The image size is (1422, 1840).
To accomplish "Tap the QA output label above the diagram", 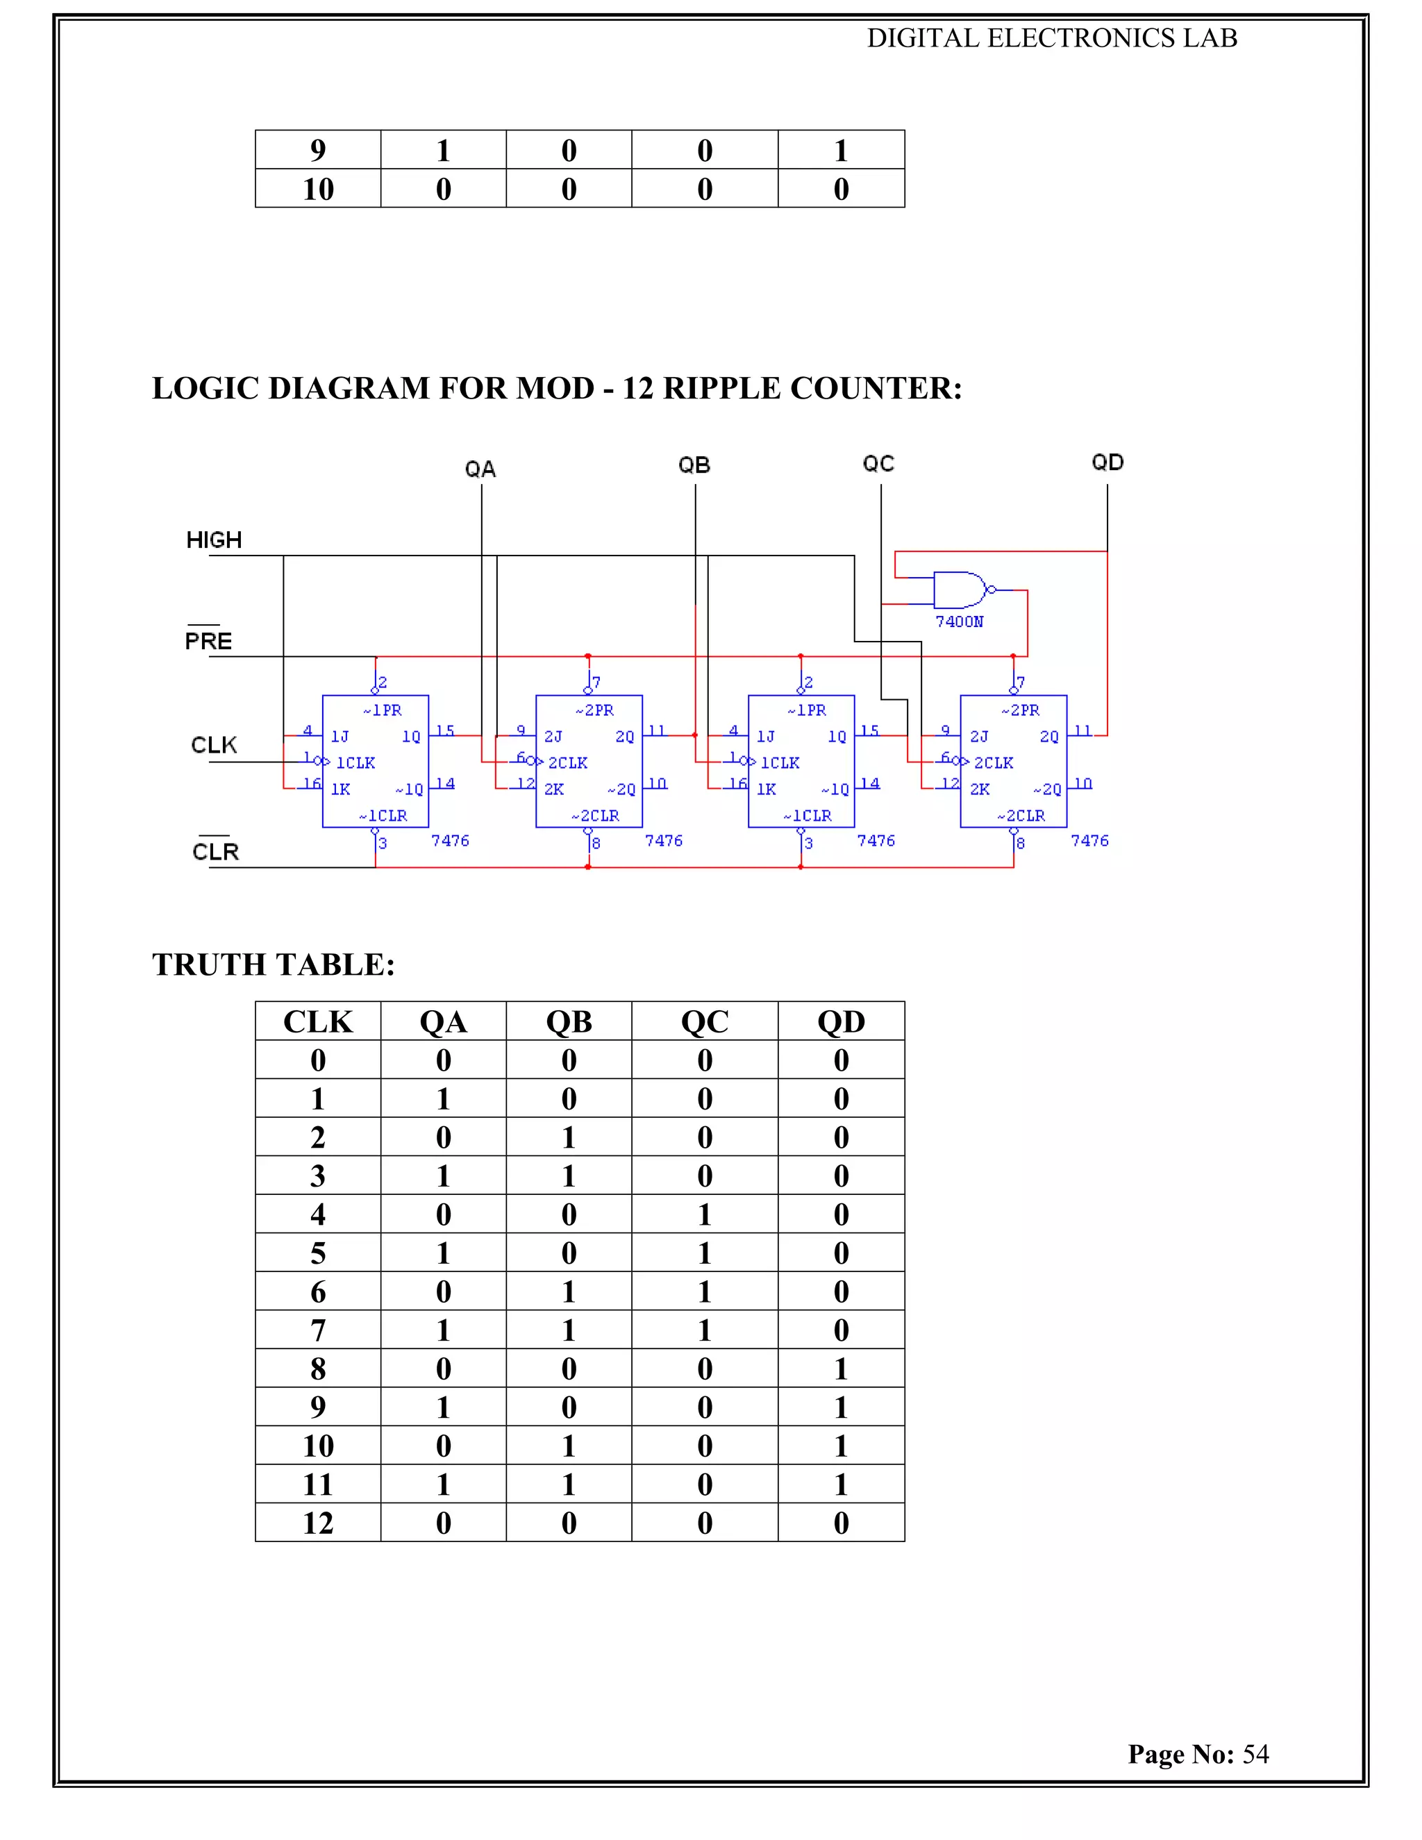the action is point(480,469).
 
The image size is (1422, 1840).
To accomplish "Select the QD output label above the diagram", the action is point(1107,462).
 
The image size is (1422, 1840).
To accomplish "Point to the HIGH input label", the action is point(214,540).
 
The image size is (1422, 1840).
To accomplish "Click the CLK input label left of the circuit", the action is point(214,745).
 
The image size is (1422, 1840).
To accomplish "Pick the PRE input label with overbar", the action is point(208,641).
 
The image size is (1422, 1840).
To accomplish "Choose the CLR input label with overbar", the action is point(216,852).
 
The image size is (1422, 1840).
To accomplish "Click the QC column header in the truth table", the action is point(704,1021).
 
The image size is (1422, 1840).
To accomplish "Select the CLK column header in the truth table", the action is point(317,1021).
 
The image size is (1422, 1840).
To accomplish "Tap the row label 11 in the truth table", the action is point(317,1484).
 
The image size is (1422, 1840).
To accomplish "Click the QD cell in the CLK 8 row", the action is point(841,1369).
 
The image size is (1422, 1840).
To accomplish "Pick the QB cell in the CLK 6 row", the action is point(569,1291).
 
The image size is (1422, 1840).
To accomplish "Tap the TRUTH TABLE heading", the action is point(273,964).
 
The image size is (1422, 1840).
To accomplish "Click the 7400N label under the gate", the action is point(959,621).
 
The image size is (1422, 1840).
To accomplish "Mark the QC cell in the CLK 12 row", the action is point(704,1523).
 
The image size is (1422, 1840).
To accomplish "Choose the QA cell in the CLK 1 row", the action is point(443,1098).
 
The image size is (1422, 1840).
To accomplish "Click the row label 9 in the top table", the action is point(317,150).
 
